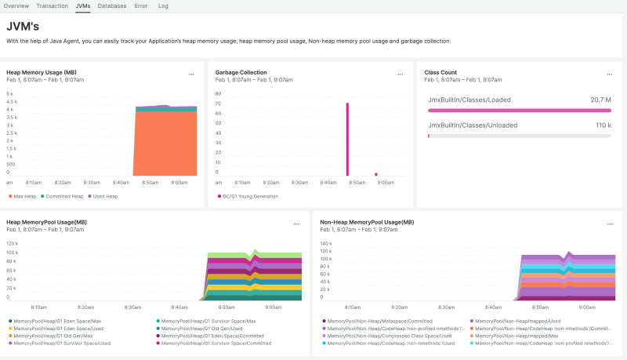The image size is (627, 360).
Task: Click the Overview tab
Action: pyautogui.click(x=16, y=5)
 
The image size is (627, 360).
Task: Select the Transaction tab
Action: pyautogui.click(x=52, y=5)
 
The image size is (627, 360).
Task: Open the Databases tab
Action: pyautogui.click(x=112, y=5)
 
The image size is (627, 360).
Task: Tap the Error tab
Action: pyautogui.click(x=140, y=5)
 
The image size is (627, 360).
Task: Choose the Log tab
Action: pyautogui.click(x=163, y=5)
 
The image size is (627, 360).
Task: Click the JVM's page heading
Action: pyautogui.click(x=23, y=26)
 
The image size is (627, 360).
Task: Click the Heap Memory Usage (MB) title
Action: pyautogui.click(x=41, y=72)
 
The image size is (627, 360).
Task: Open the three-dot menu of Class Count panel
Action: pyautogui.click(x=608, y=75)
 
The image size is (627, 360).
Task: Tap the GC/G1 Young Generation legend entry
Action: pyautogui.click(x=248, y=196)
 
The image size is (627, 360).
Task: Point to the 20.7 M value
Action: pyautogui.click(x=600, y=100)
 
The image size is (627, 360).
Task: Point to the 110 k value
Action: pyautogui.click(x=603, y=125)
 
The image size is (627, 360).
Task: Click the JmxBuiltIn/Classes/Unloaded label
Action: pyautogui.click(x=465, y=125)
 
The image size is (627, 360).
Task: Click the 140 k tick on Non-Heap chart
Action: pyautogui.click(x=326, y=244)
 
